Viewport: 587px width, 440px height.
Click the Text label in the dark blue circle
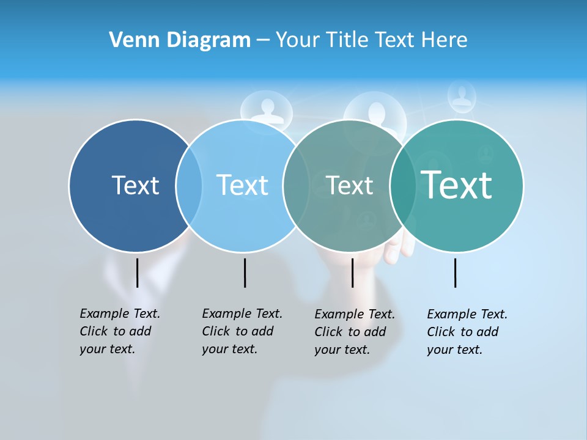135,185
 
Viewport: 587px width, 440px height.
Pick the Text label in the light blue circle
242,185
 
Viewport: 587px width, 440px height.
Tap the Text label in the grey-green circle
349,185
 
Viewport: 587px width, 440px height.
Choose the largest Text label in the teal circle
456,185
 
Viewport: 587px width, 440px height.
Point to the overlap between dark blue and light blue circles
189,186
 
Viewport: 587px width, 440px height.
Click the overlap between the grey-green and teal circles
403,186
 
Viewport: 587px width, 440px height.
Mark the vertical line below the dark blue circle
138,273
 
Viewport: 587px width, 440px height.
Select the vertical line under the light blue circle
245,273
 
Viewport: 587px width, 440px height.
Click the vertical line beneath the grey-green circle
352,273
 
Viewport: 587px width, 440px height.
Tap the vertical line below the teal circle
456,273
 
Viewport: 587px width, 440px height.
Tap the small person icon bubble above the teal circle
462,96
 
